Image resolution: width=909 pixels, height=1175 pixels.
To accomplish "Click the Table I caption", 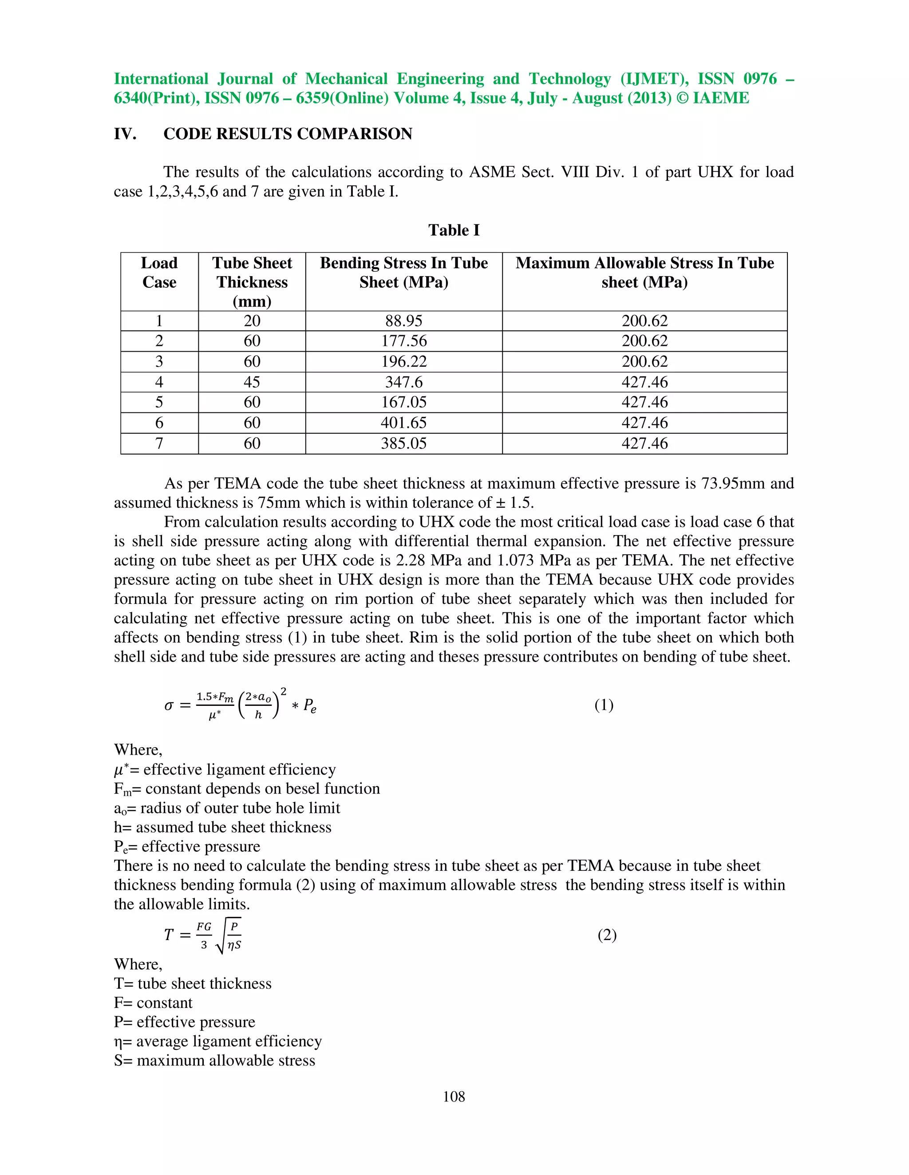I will tap(454, 230).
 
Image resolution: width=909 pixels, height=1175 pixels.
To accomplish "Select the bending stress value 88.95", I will tap(403, 321).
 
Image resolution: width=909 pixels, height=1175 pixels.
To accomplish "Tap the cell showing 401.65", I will tap(403, 423).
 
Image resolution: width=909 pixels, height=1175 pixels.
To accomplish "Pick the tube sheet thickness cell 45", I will tap(252, 382).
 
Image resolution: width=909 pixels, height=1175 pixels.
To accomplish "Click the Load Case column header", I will tap(159, 273).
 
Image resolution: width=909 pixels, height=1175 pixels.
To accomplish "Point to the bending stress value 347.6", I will tap(403, 382).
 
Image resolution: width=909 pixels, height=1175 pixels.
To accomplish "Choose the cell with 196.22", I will tap(403, 361).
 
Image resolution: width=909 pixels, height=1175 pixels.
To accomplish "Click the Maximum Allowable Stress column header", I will tap(644, 273).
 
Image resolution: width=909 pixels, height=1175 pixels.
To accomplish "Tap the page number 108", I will tap(454, 1097).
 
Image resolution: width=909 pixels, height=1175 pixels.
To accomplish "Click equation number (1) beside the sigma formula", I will tap(604, 705).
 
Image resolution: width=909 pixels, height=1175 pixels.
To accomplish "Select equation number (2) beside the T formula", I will tap(607, 935).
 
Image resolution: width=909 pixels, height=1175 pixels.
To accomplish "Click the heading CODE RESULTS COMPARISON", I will tap(288, 134).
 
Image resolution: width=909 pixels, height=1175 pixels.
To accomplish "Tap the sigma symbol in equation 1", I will tap(169, 705).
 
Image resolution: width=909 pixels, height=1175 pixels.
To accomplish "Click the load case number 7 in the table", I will tap(159, 443).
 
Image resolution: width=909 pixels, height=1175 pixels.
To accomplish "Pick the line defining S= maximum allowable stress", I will tap(214, 1061).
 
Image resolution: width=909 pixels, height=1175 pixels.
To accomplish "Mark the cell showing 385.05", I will tap(403, 443).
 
